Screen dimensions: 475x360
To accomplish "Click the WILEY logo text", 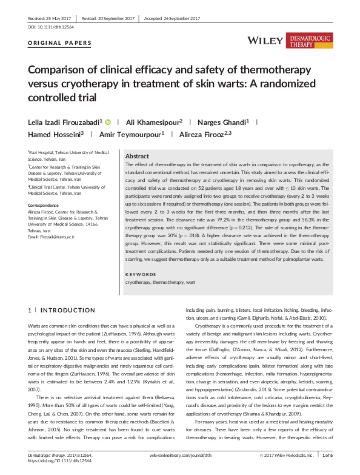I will click(x=265, y=41).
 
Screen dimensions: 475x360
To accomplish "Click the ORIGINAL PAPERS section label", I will click(x=60, y=43).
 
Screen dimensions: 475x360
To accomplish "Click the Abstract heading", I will click(x=137, y=156).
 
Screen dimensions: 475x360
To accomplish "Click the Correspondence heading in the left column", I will click(x=45, y=206).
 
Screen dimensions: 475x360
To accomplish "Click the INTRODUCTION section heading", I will click(x=58, y=310).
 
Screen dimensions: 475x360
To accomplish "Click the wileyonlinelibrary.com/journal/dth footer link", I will click(x=180, y=454).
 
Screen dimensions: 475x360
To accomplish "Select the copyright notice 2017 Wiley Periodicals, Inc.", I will click(x=286, y=454).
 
